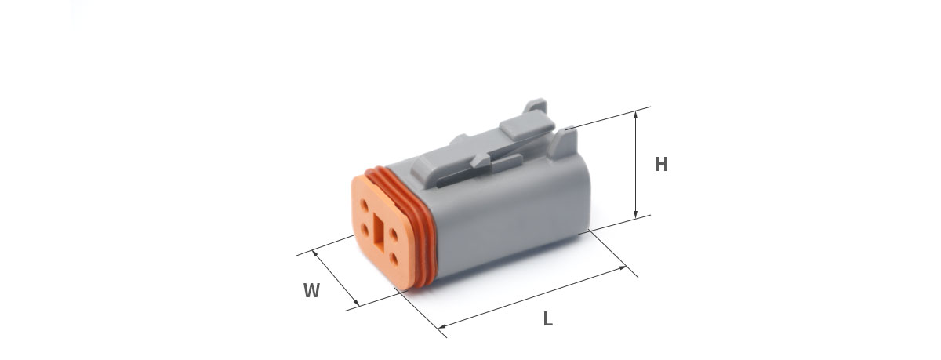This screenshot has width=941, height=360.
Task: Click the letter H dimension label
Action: (x=661, y=164)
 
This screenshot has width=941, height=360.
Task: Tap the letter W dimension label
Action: (x=312, y=290)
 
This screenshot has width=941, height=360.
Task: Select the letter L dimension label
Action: (x=548, y=319)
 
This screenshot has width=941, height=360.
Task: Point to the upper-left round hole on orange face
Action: (x=365, y=205)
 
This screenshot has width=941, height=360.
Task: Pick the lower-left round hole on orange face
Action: (x=365, y=230)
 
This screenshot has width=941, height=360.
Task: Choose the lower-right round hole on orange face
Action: (x=394, y=258)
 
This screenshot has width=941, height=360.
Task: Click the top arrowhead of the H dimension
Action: (x=636, y=115)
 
